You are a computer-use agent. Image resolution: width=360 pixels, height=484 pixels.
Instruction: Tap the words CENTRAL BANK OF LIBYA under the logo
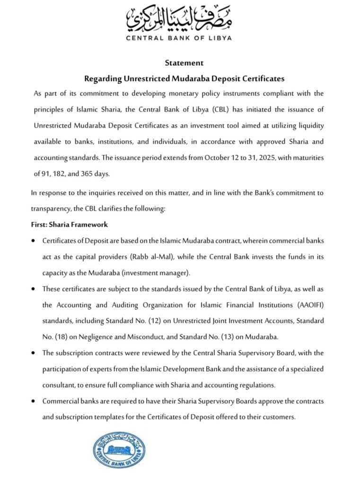point(179,38)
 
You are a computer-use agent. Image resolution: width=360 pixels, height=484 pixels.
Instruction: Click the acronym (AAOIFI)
point(309,305)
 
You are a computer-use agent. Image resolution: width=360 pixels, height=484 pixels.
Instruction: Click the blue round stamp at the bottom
point(119,450)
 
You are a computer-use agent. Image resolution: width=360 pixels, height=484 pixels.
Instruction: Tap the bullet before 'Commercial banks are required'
point(32,401)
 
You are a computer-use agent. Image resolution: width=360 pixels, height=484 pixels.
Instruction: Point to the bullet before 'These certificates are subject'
point(32,288)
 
